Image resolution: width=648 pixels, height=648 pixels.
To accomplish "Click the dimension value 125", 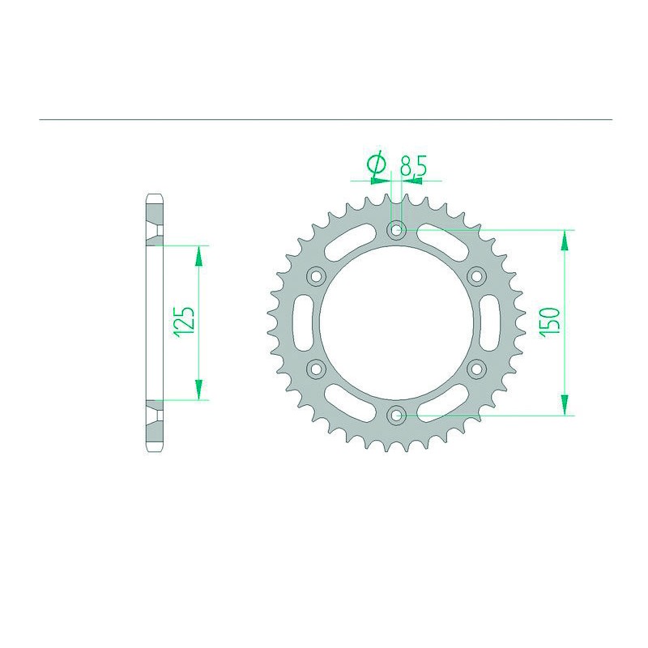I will pos(184,322).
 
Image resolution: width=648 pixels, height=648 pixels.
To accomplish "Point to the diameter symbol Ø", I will pos(376,164).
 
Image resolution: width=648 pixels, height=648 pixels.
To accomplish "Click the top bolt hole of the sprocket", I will pos(396,230).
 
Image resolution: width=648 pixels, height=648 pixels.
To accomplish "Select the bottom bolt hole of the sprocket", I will pos(396,416).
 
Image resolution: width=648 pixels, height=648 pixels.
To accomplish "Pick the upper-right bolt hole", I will pos(476,276).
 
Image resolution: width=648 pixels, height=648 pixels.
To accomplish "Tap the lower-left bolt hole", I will pos(316,369).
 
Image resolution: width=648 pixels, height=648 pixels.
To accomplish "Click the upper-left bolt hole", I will pos(316,276).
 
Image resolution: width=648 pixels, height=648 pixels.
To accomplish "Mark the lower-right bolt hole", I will pos(476,369).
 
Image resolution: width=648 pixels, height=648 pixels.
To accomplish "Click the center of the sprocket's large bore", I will pos(396,322).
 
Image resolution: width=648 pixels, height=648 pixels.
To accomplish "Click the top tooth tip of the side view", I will pos(154,195).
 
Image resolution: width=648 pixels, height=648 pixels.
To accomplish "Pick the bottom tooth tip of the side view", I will pos(154,451).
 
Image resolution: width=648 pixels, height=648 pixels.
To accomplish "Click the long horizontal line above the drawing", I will pos(324,120).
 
